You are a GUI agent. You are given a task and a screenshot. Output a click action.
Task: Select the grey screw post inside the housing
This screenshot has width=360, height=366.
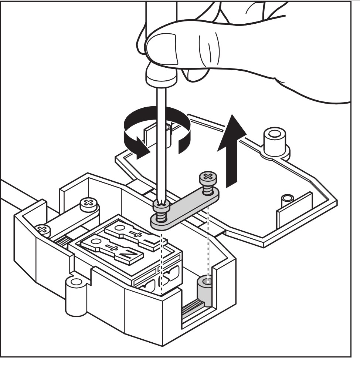tap(204, 290)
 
